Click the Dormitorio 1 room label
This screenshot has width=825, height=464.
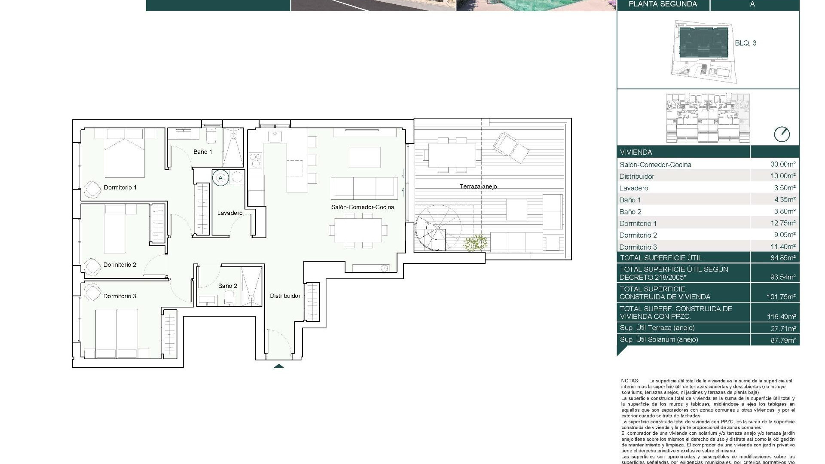[120, 187]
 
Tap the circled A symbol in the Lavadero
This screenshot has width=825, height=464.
[221, 177]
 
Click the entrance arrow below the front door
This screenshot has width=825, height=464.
[279, 366]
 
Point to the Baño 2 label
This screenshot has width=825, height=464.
[227, 286]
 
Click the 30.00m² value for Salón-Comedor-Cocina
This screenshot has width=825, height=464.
[782, 164]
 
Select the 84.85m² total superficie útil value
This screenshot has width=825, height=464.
[782, 258]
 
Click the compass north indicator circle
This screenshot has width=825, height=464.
[782, 134]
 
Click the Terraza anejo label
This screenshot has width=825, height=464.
[478, 186]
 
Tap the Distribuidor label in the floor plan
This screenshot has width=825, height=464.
[285, 296]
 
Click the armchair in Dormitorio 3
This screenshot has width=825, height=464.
[92, 293]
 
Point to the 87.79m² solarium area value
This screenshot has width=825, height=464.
[782, 339]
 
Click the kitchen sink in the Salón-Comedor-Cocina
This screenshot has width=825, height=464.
[273, 137]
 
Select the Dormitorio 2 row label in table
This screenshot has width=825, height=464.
[638, 235]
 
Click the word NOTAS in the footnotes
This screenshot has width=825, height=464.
[630, 381]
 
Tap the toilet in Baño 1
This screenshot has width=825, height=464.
[211, 137]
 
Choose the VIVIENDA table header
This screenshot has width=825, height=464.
[636, 152]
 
